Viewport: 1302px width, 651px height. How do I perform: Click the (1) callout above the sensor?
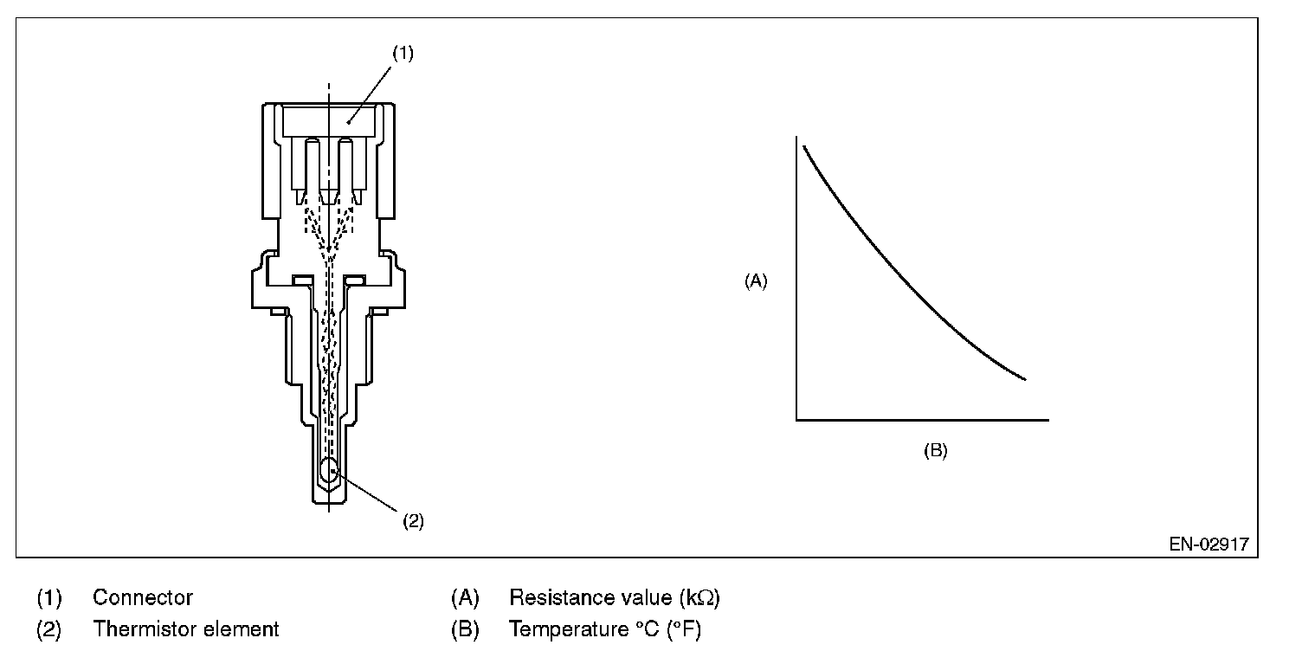[403, 53]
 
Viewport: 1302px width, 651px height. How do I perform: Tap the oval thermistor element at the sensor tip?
[329, 472]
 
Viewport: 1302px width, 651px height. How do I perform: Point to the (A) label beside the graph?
[756, 280]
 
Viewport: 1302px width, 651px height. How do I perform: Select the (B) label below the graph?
[935, 450]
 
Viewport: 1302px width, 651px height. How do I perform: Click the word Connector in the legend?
[143, 597]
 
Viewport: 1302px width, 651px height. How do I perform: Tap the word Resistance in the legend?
[562, 597]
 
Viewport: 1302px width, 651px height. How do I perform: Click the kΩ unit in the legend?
[700, 597]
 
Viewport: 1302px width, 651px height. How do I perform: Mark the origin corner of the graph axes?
[796, 420]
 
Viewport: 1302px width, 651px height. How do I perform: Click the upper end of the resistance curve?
[804, 146]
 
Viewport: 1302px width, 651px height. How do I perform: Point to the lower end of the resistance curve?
[1026, 379]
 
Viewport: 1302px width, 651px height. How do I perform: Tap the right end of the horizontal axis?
[1047, 420]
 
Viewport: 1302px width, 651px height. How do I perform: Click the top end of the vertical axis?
[796, 137]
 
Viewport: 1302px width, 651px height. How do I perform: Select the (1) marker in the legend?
[48, 597]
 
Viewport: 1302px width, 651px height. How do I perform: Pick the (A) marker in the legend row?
[465, 597]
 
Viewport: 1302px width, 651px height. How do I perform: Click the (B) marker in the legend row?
[465, 628]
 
